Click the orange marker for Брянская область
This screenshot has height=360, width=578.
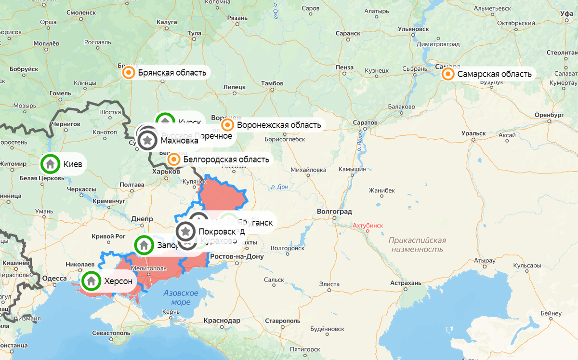(129, 73)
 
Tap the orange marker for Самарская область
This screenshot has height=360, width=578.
(448, 74)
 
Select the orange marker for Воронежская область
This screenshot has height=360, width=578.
(228, 125)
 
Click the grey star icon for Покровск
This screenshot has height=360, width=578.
(186, 231)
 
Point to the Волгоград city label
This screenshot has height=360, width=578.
(334, 212)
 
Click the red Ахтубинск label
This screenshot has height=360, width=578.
(368, 225)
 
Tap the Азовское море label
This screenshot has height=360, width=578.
(181, 297)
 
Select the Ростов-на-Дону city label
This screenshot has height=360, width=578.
(237, 256)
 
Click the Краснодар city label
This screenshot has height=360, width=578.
(222, 320)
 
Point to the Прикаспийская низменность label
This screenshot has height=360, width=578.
(417, 245)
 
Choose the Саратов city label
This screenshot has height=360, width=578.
(365, 123)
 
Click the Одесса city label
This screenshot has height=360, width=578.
(54, 279)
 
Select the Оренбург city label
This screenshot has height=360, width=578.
(549, 115)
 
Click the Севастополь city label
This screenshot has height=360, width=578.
(111, 333)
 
